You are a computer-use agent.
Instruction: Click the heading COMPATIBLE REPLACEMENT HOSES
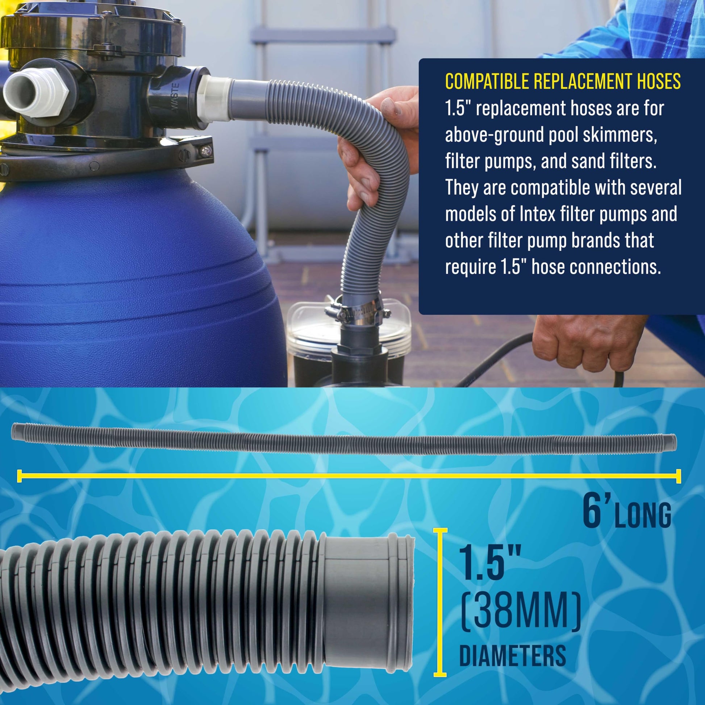[563, 82]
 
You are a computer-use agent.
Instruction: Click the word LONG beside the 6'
[643, 514]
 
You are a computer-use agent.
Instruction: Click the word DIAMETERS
[512, 655]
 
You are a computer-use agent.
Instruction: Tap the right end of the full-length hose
[672, 442]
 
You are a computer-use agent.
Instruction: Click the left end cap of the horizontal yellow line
[19, 476]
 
